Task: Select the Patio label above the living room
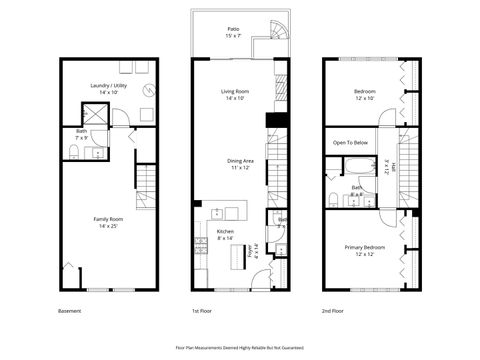pos(232,33)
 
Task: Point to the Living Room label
pos(233,94)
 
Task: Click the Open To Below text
pos(351,143)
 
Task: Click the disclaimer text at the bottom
pos(237,346)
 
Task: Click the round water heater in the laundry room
pos(148,91)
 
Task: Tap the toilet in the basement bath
pos(75,152)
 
